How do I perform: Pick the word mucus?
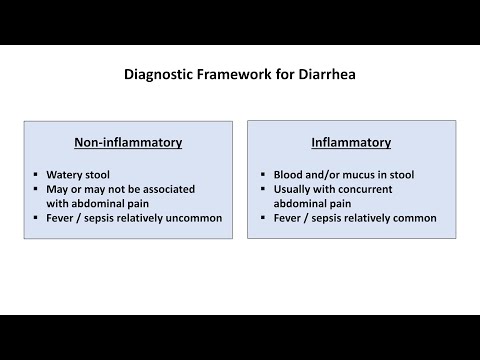click(x=353, y=174)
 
